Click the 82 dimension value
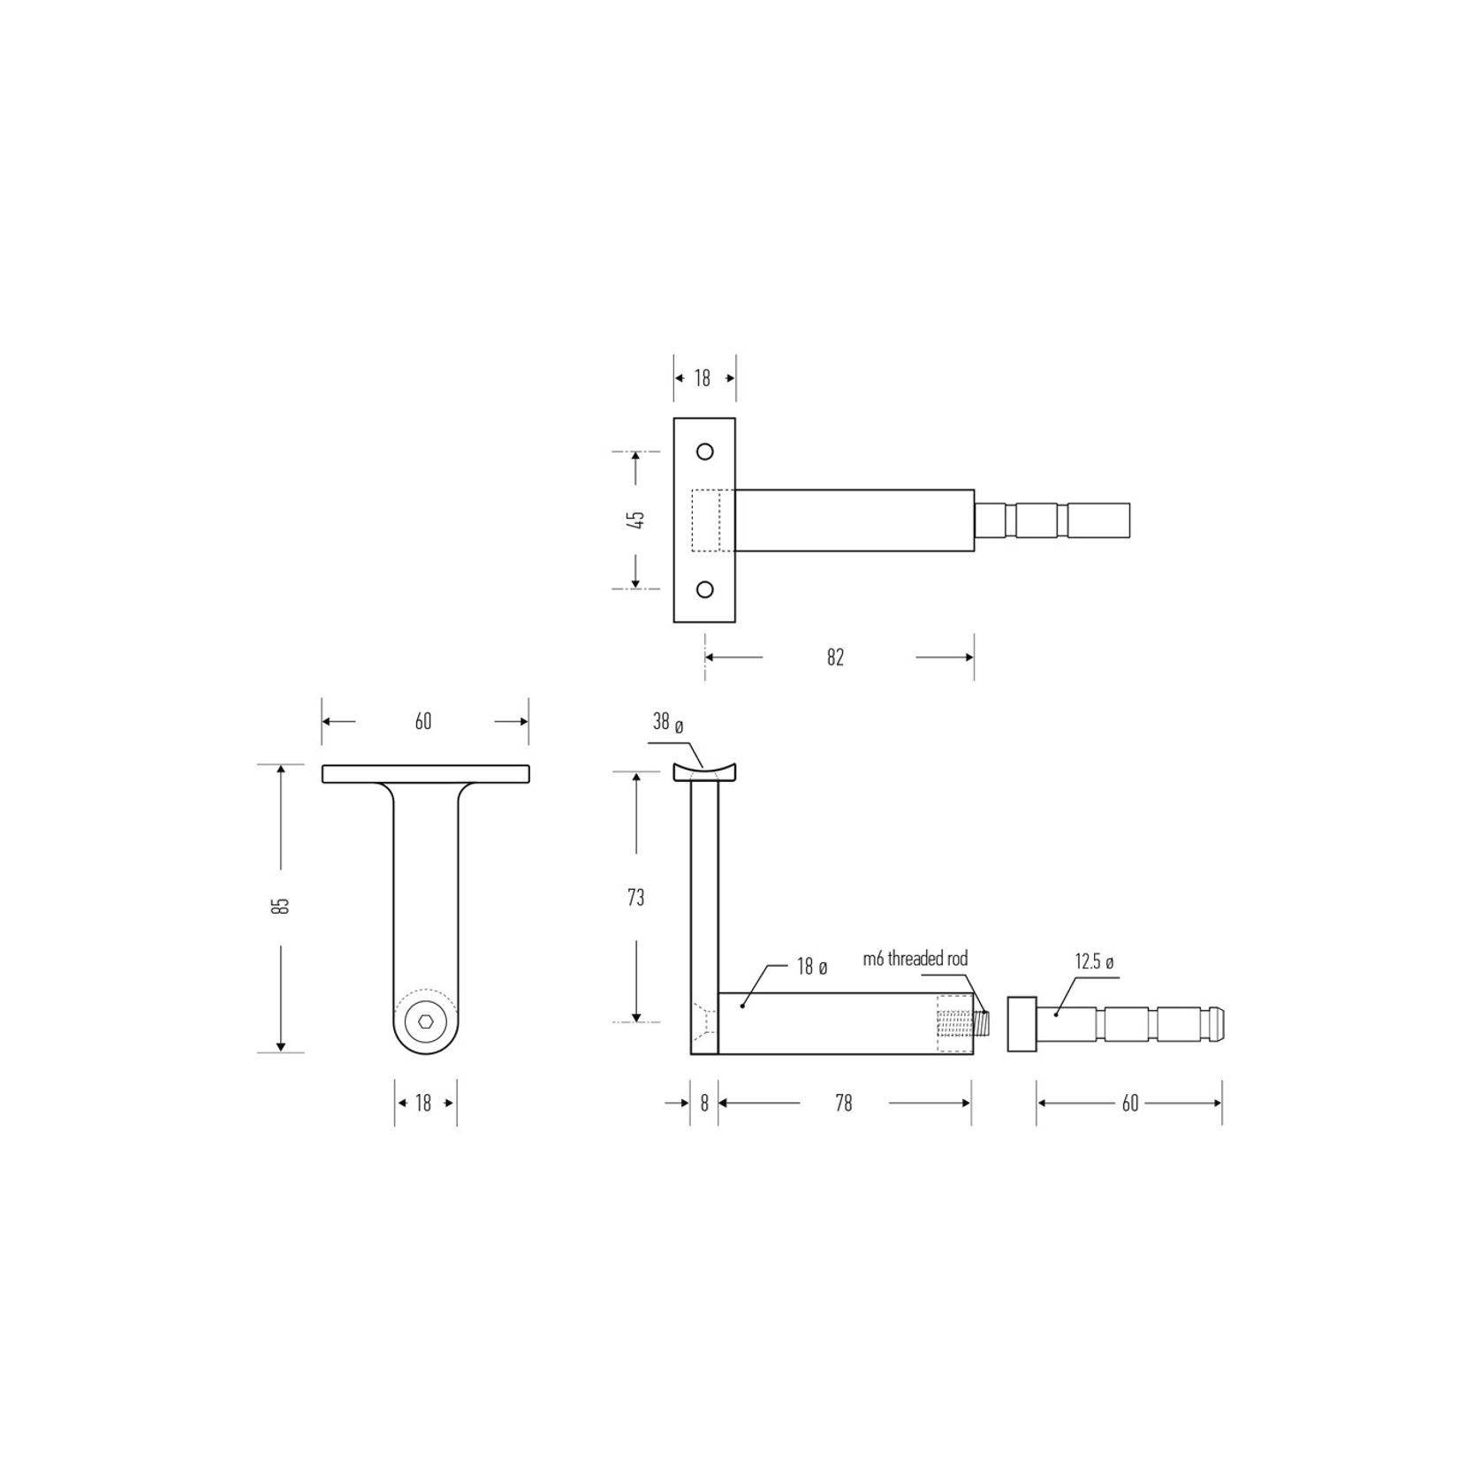tap(835, 657)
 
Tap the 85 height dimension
tap(282, 906)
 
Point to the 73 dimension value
tap(635, 898)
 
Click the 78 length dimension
tap(843, 1103)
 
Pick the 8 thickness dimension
tap(704, 1103)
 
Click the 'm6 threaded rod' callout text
tap(915, 958)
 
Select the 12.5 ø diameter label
tap(1094, 961)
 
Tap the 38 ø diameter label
tap(668, 722)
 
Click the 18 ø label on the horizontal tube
tap(811, 967)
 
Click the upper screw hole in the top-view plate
tap(704, 452)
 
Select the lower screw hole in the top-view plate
tap(704, 589)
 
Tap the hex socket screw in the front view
tap(425, 1022)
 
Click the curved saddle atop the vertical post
tap(704, 773)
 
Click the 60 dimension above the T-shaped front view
tap(423, 721)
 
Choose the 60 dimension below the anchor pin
tap(1129, 1103)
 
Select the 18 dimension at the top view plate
tap(703, 378)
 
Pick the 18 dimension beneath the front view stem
tap(423, 1103)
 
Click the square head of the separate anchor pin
tap(1022, 1023)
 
